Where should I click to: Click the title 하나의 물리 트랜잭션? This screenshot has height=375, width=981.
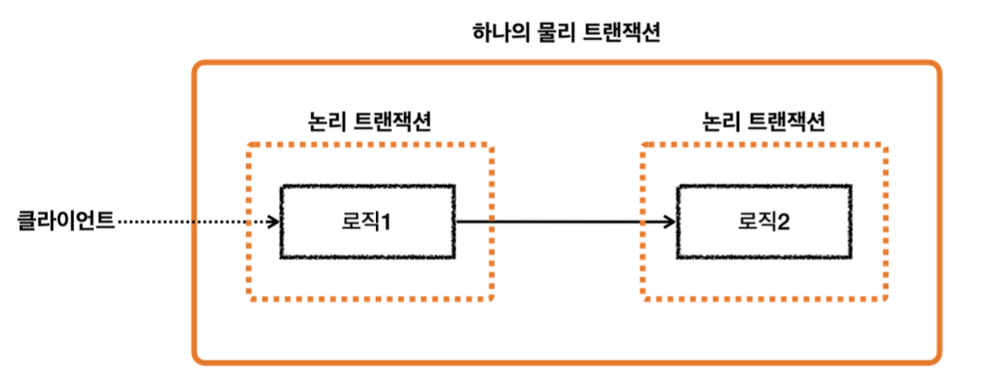(567, 34)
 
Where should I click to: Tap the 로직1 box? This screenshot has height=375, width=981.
(368, 222)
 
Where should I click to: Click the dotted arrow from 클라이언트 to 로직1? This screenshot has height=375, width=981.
(194, 221)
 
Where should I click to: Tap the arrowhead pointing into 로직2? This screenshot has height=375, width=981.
(668, 221)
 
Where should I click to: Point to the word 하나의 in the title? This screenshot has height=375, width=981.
(503, 34)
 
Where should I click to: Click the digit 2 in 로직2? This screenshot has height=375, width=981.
(784, 222)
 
